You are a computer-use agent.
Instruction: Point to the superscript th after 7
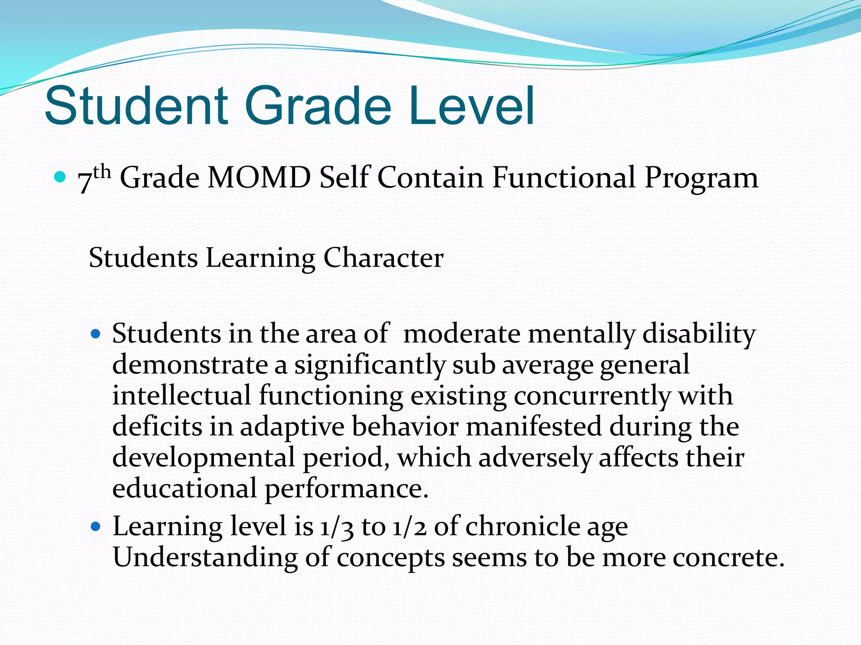[x=102, y=171]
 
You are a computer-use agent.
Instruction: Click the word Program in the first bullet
[x=701, y=178]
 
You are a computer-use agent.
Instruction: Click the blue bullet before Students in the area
[x=96, y=334]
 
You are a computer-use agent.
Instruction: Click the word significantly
[x=369, y=365]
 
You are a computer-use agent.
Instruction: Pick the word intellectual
[x=181, y=396]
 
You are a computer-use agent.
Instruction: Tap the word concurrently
[x=592, y=396]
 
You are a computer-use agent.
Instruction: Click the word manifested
[x=534, y=427]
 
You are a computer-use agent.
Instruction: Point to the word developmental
[x=203, y=458]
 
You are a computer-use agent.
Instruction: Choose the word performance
[x=346, y=488]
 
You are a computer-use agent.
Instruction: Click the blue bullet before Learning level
[x=96, y=527]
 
